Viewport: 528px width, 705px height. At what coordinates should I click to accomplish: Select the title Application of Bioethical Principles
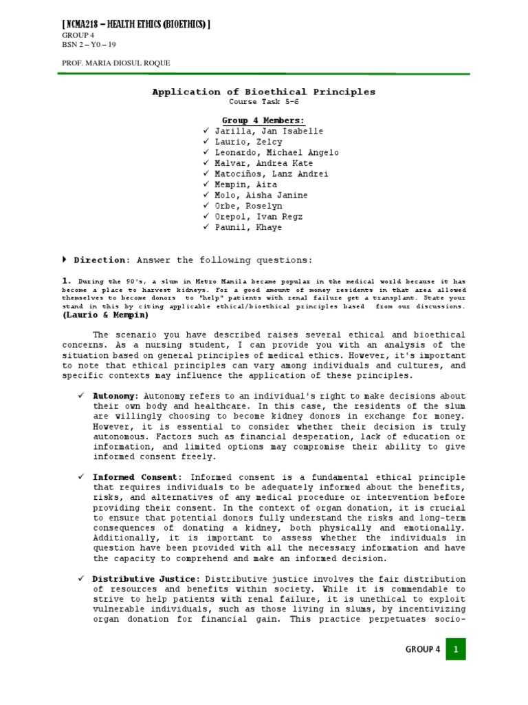[263, 92]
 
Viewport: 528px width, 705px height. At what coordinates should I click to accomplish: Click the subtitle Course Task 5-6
[263, 103]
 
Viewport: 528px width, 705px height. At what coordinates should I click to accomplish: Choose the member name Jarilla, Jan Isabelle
[258, 131]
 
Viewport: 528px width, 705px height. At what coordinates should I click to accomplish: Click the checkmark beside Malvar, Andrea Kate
[206, 163]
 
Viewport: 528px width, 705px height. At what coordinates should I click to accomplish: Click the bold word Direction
[101, 260]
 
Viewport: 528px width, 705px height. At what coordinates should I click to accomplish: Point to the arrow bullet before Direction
[65, 260]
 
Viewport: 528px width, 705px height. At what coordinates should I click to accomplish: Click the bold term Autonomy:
[115, 397]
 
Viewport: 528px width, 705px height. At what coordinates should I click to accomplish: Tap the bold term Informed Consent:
[137, 477]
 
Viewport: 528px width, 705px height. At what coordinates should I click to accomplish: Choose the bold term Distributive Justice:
[146, 578]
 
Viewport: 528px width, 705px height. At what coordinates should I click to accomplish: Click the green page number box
[456, 649]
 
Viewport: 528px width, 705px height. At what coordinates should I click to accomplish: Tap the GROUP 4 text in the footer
[423, 649]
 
